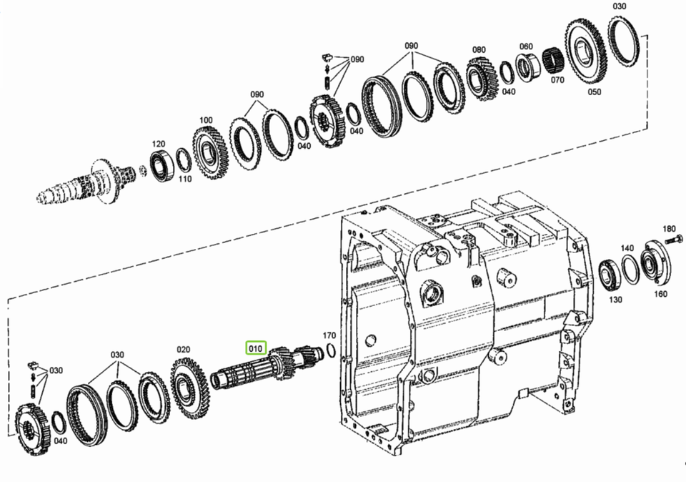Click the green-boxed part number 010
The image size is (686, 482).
click(x=256, y=348)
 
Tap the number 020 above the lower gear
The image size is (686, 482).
click(x=184, y=350)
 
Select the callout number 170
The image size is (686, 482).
click(x=329, y=335)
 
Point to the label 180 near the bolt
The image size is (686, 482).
click(x=669, y=229)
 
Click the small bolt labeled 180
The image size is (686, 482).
click(x=674, y=240)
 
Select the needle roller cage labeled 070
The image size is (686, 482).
click(x=552, y=60)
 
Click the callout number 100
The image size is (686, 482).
click(x=206, y=120)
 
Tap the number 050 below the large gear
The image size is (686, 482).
click(x=595, y=92)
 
